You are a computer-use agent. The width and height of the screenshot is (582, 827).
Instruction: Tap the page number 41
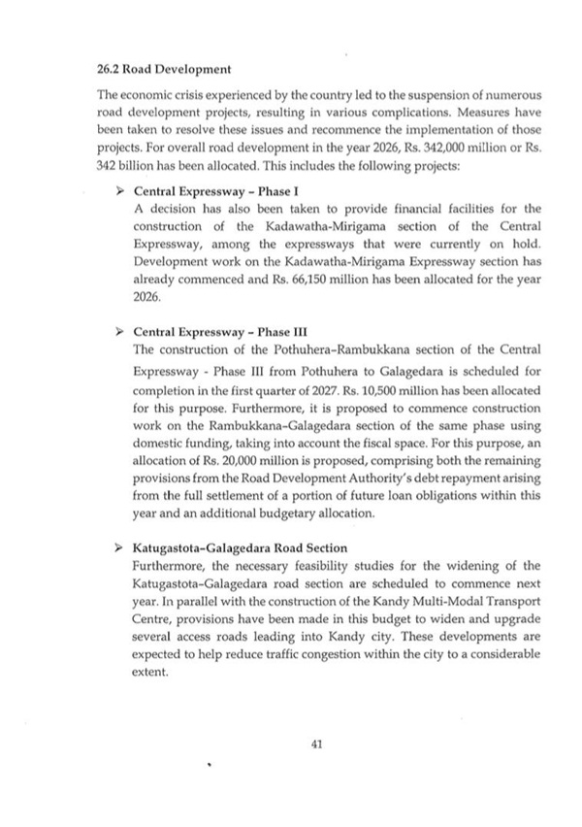315,744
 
